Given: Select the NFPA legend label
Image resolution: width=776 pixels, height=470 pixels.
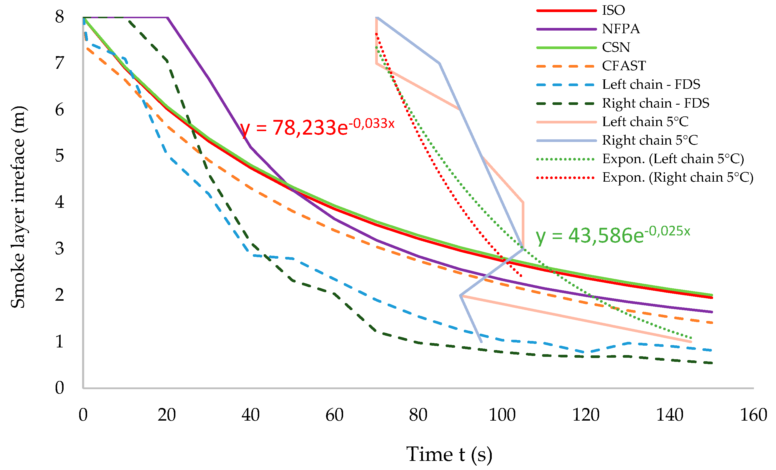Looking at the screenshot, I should [x=621, y=29].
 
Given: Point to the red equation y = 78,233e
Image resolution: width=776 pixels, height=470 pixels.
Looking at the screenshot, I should [x=317, y=127].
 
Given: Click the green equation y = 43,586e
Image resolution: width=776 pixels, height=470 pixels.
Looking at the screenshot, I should [x=613, y=235].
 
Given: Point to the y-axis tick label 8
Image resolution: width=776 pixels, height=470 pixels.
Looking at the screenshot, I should [x=59, y=16].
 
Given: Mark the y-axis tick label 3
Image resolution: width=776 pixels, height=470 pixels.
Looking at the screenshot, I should [x=59, y=249].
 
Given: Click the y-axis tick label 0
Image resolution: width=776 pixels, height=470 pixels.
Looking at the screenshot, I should [x=59, y=388].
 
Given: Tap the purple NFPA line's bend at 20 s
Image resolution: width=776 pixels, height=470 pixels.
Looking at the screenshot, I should [x=167, y=18].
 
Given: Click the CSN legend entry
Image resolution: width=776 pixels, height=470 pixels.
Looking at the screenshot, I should [x=616, y=48].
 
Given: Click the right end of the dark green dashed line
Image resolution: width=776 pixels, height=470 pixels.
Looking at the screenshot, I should [x=712, y=363].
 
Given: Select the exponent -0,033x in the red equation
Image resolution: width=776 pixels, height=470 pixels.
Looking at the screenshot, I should [x=373, y=124].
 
